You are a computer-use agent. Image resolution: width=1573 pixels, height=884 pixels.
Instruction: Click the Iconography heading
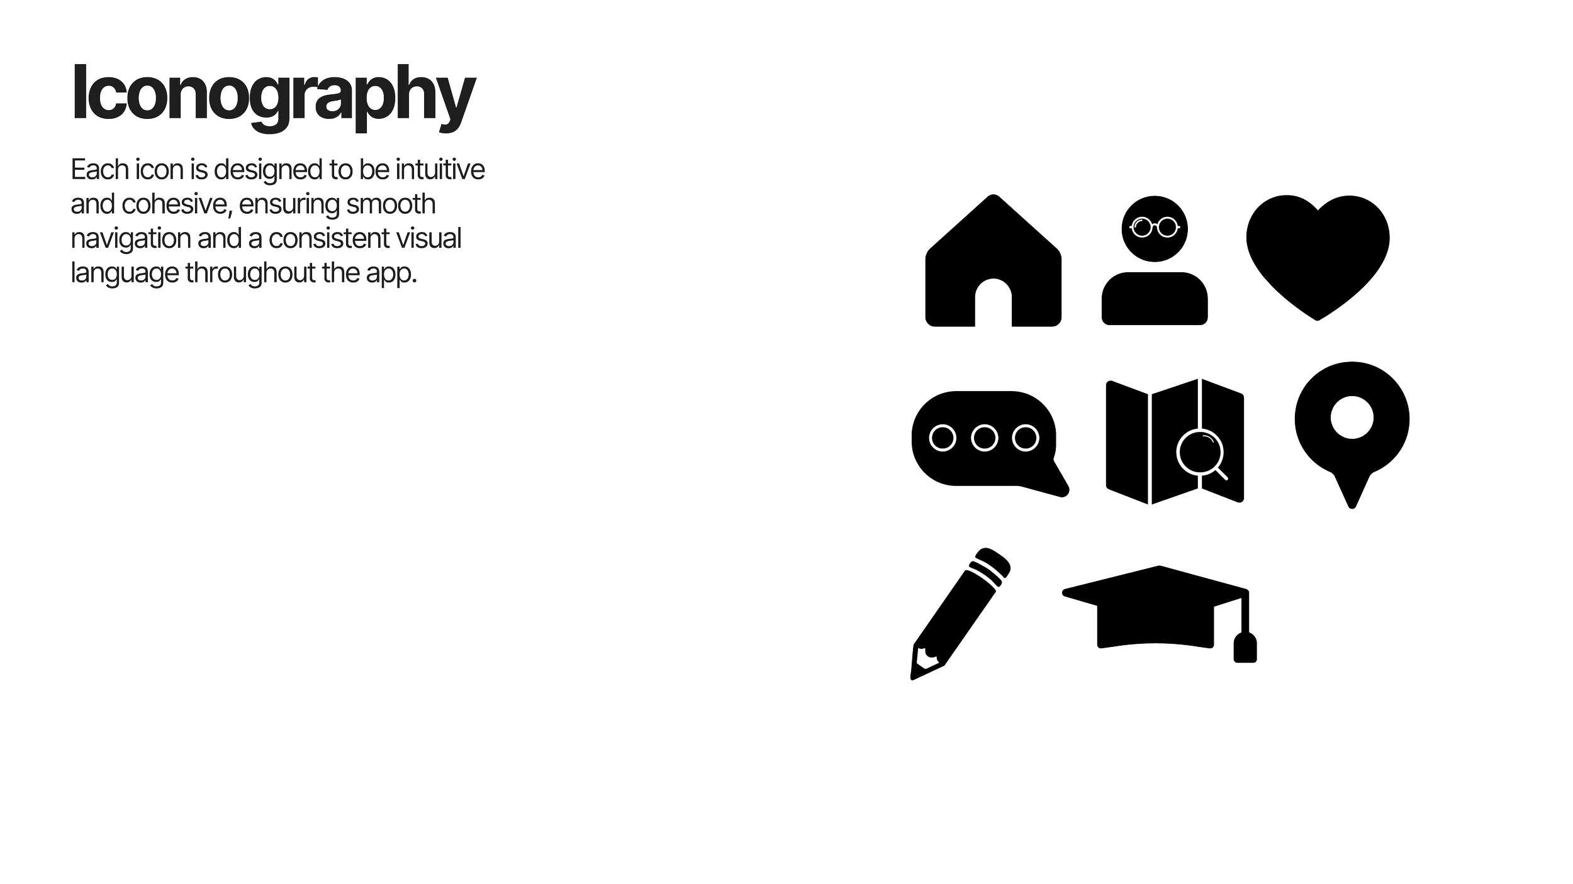click(x=274, y=94)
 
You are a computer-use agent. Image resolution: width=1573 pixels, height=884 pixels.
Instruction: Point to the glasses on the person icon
click(x=1155, y=227)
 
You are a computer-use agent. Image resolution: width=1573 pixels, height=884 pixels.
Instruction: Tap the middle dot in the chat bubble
click(x=984, y=438)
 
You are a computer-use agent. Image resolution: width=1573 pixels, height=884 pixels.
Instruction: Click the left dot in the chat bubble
click(x=942, y=438)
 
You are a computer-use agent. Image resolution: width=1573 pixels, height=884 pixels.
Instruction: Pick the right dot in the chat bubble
click(x=1026, y=438)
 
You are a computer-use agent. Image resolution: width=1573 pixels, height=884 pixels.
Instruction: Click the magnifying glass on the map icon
click(x=1200, y=452)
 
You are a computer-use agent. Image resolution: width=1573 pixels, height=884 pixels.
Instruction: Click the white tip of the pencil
click(x=926, y=659)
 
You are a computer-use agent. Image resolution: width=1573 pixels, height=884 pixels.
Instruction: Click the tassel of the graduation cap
click(x=1245, y=648)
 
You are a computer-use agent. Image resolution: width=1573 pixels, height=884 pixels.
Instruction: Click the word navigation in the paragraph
click(x=131, y=239)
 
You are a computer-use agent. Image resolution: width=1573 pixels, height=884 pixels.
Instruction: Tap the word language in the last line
click(x=125, y=273)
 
